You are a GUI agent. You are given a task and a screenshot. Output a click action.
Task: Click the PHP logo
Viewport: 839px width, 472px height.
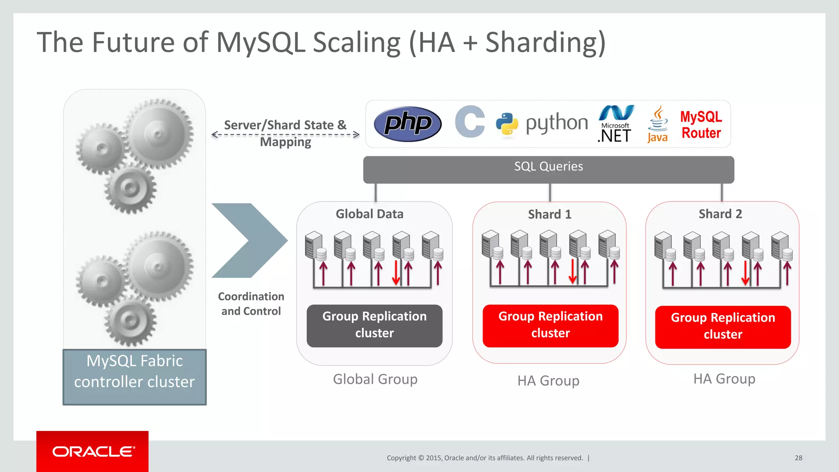click(x=408, y=124)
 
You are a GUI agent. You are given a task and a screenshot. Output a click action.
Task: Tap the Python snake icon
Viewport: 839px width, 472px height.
click(x=507, y=124)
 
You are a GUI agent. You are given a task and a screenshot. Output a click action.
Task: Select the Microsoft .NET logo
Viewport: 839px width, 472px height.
click(x=615, y=124)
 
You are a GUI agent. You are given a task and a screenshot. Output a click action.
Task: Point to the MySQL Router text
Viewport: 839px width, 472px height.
click(x=701, y=125)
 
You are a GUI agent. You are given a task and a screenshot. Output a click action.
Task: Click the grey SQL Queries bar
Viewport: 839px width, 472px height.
click(x=548, y=169)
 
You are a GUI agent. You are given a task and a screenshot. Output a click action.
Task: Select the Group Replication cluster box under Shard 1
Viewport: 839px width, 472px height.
click(x=550, y=325)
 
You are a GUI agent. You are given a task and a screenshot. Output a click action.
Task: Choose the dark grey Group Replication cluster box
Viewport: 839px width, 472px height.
click(x=374, y=325)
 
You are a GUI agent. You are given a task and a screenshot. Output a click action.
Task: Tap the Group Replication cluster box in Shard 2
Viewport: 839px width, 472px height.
click(x=723, y=327)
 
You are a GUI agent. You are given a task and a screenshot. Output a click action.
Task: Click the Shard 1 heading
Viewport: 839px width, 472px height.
click(x=549, y=214)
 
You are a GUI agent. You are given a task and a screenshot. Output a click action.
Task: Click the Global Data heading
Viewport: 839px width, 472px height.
click(x=370, y=214)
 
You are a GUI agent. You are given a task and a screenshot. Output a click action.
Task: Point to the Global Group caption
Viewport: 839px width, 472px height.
click(x=375, y=379)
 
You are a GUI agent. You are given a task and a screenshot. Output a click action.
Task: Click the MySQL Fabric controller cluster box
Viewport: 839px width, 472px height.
click(x=134, y=377)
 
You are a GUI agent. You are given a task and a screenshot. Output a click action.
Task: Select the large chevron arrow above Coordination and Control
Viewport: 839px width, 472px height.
click(x=250, y=241)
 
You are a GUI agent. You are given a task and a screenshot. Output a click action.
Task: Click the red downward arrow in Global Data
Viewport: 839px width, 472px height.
click(x=396, y=272)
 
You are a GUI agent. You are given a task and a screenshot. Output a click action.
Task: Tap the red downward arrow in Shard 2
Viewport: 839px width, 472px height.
click(x=745, y=273)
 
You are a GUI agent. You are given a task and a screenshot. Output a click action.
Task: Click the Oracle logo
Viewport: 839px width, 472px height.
click(x=93, y=452)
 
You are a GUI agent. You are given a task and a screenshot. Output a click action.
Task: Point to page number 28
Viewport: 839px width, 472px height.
click(x=798, y=458)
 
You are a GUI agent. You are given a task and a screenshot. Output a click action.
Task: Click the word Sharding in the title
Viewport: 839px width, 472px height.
click(x=545, y=42)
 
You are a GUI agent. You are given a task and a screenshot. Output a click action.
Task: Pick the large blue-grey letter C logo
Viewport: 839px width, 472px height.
click(x=470, y=122)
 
